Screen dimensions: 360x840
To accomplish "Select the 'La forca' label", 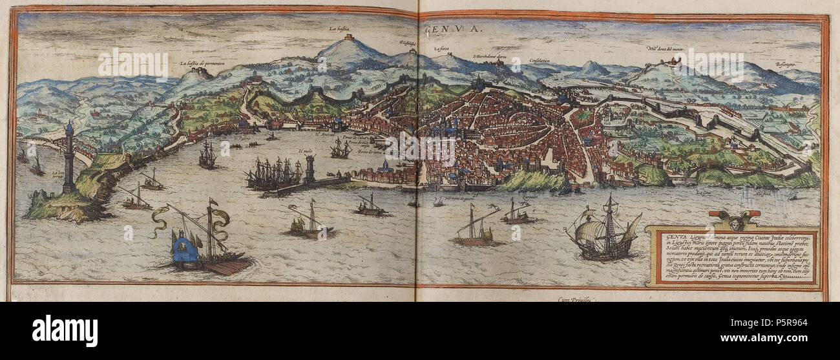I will point(441,48).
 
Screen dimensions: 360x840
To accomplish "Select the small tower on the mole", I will point(310,169).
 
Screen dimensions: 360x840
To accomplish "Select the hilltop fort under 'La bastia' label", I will point(349,39).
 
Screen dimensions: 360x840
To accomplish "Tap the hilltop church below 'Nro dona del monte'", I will point(675,62).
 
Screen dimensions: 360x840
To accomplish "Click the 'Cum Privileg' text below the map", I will point(575,299).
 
